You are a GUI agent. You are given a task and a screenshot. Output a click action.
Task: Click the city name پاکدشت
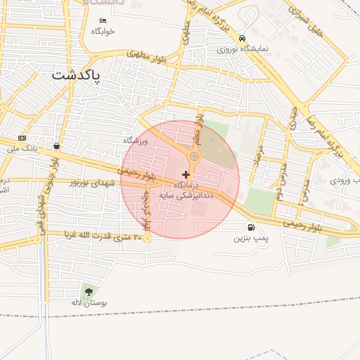[77, 74]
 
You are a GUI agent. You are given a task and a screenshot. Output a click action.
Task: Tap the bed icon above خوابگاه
[103, 20]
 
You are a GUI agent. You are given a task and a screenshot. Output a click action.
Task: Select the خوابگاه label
[103, 32]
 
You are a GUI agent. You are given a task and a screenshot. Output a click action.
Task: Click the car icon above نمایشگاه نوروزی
[242, 38]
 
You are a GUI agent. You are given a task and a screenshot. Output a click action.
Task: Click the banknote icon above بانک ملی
[22, 138]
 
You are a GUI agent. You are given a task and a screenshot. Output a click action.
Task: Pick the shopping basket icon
[56, 146]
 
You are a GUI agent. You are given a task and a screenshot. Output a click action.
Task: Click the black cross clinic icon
[186, 174]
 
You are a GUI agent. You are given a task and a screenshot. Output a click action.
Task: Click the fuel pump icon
[251, 227]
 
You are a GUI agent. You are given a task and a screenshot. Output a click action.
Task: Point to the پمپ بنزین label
[251, 238]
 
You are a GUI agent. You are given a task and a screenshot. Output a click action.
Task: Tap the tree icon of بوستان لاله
[88, 291]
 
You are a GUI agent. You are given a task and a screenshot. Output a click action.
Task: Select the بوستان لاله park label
[88, 302]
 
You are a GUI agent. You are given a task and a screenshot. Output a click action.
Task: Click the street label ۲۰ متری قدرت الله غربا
[103, 236]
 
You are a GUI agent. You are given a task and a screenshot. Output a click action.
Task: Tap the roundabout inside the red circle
[195, 156]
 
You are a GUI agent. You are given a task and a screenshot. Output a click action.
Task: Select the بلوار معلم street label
[200, 125]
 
